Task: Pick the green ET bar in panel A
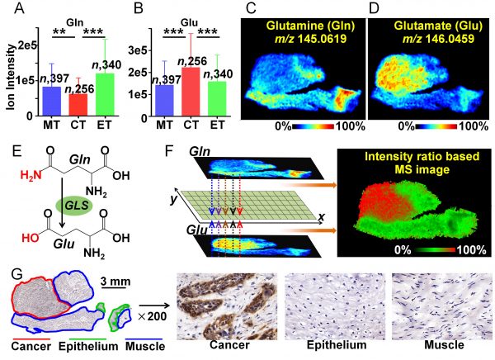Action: [104, 95]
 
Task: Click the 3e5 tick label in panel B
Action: [159, 50]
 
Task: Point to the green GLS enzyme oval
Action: [73, 203]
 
